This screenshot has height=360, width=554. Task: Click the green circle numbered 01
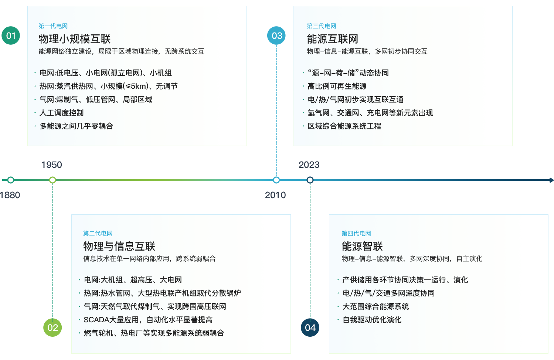pos(11,35)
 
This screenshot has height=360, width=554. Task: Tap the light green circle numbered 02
pos(52,327)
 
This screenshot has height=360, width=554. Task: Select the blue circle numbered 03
pos(276,35)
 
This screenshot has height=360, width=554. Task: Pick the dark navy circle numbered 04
pos(310,327)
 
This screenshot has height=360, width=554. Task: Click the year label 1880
pos(10,195)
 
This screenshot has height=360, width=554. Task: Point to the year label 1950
pos(51,165)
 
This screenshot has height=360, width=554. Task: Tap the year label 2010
pos(275,195)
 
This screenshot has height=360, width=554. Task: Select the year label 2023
pos(309,165)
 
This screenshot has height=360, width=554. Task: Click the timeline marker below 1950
pos(52,180)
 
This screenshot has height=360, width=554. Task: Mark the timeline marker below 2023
pos(310,180)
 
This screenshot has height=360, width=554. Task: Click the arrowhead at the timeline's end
pos(551,180)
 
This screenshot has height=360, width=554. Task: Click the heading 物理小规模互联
pos(75,39)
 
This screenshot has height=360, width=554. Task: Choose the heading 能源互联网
pos(332,39)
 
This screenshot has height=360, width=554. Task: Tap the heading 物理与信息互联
pos(119,247)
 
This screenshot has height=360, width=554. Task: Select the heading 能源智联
pos(362,247)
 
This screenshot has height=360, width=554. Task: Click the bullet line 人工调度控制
pos(62,113)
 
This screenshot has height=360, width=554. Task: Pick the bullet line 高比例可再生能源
pos(337,86)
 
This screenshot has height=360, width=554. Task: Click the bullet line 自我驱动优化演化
pos(372,320)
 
